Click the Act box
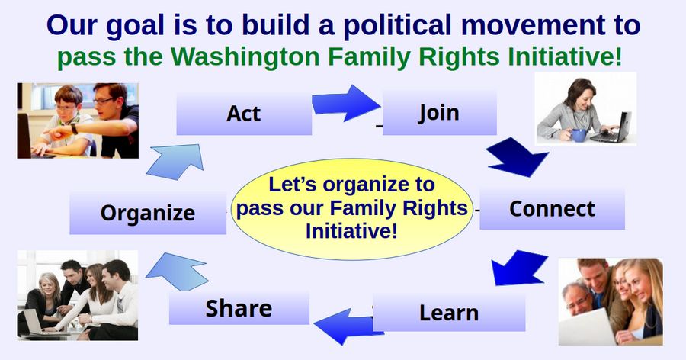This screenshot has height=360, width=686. tap(244, 114)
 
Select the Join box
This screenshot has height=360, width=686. tap(440, 113)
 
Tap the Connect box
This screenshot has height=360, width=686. tap(552, 209)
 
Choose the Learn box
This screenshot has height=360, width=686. tap(449, 313)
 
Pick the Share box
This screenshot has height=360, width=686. tap(239, 308)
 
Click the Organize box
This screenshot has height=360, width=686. tap(148, 213)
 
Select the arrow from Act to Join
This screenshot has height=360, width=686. tap(345, 104)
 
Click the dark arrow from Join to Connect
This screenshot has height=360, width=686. tap(516, 158)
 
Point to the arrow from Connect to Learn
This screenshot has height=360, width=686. tap(519, 268)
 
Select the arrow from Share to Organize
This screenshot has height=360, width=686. tap(177, 272)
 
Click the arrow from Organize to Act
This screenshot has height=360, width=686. tap(176, 161)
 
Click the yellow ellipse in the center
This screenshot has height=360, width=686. tap(351, 209)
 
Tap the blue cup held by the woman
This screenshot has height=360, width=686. tap(579, 135)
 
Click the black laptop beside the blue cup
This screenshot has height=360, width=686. tap(611, 128)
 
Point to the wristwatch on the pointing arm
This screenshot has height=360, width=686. tap(75, 128)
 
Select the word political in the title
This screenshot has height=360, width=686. tap(397, 25)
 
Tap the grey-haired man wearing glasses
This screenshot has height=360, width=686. tap(578, 300)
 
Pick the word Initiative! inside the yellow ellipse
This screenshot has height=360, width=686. tap(351, 231)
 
